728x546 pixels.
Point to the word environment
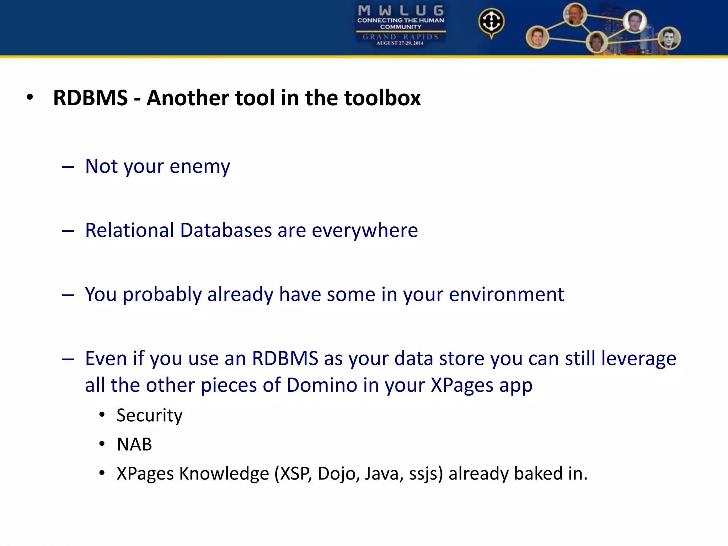[x=506, y=294]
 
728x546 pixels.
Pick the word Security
[x=149, y=415]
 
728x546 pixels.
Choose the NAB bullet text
[x=134, y=444]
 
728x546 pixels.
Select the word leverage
[x=638, y=358]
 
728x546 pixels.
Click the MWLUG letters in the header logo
[x=401, y=10]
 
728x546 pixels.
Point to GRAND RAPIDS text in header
[x=401, y=37]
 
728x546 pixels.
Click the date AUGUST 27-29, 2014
[x=400, y=43]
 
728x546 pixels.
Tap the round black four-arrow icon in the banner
[x=491, y=22]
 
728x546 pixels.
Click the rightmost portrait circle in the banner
[x=669, y=38]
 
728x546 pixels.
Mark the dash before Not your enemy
[x=68, y=166]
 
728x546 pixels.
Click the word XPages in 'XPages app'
[x=462, y=385]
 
